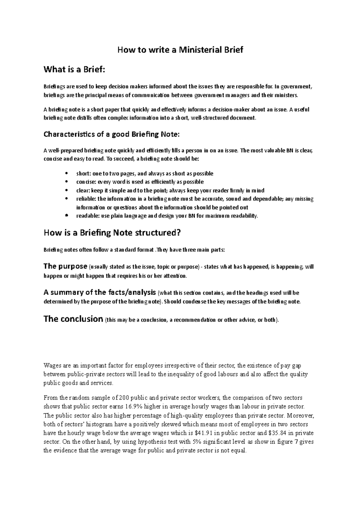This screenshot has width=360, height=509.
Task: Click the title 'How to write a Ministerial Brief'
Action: (x=180, y=50)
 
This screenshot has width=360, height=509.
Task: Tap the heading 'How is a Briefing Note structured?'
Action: (x=112, y=233)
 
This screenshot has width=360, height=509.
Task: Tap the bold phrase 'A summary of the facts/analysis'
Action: (x=100, y=292)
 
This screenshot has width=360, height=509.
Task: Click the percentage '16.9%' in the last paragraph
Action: (x=134, y=407)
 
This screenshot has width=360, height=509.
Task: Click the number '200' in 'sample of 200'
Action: (x=124, y=398)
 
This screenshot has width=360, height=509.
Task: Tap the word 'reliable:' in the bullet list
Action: (x=85, y=199)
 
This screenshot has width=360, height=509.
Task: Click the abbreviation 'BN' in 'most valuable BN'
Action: (x=289, y=151)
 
